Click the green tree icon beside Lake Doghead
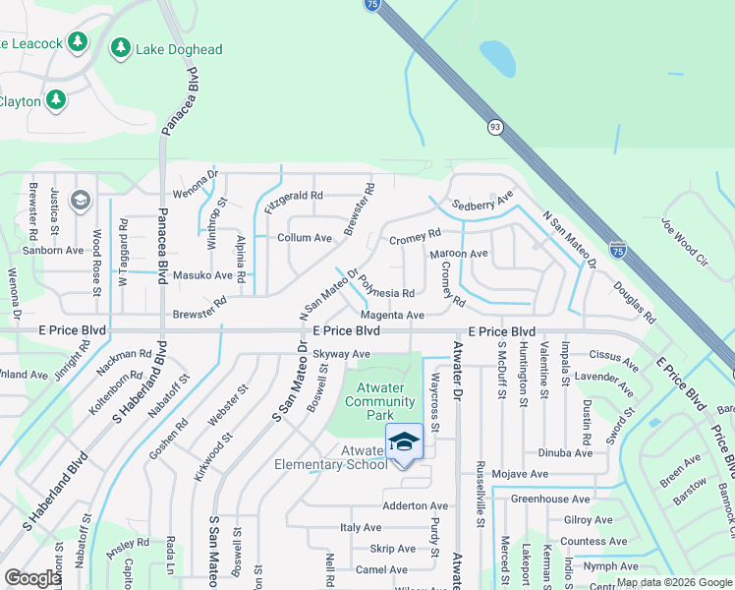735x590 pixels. (121, 47)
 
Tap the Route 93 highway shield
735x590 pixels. (494, 126)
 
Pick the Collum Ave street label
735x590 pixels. (305, 238)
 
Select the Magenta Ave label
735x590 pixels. (393, 315)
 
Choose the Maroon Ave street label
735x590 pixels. (459, 254)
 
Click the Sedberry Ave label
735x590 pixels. (482, 204)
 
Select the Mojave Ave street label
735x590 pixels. (521, 474)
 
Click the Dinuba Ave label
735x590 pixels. (565, 453)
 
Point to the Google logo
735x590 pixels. (32, 578)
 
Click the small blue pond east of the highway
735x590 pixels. (497, 60)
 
